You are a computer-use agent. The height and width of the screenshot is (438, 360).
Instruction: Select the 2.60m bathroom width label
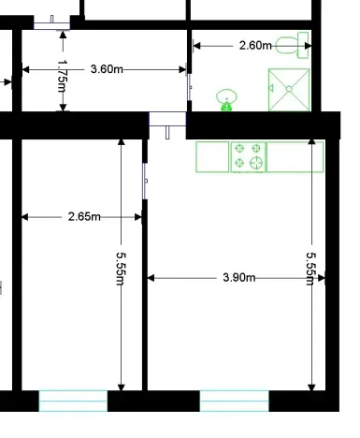click(x=256, y=45)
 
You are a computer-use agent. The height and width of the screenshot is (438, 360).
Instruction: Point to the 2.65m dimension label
click(x=85, y=217)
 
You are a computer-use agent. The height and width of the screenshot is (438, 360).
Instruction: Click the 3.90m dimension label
click(x=240, y=278)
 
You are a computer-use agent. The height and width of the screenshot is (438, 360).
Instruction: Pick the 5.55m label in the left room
click(x=121, y=267)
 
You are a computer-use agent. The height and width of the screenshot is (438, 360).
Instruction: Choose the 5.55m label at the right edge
click(x=311, y=267)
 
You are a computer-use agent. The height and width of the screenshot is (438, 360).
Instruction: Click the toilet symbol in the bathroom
click(x=297, y=43)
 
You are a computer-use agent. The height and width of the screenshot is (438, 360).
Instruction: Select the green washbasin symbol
click(x=226, y=97)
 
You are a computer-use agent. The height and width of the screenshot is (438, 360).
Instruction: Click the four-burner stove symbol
click(x=249, y=156)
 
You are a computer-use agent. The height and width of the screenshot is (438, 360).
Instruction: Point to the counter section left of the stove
click(x=212, y=156)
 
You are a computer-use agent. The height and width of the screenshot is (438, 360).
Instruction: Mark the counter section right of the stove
click(x=295, y=156)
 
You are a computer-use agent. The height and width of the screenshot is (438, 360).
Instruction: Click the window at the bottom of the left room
click(x=73, y=401)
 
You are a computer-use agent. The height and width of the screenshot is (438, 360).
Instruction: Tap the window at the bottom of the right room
click(x=235, y=401)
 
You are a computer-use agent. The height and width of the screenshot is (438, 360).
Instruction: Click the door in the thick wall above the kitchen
click(x=168, y=122)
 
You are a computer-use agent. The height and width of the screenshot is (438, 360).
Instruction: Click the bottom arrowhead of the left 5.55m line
click(x=122, y=386)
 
